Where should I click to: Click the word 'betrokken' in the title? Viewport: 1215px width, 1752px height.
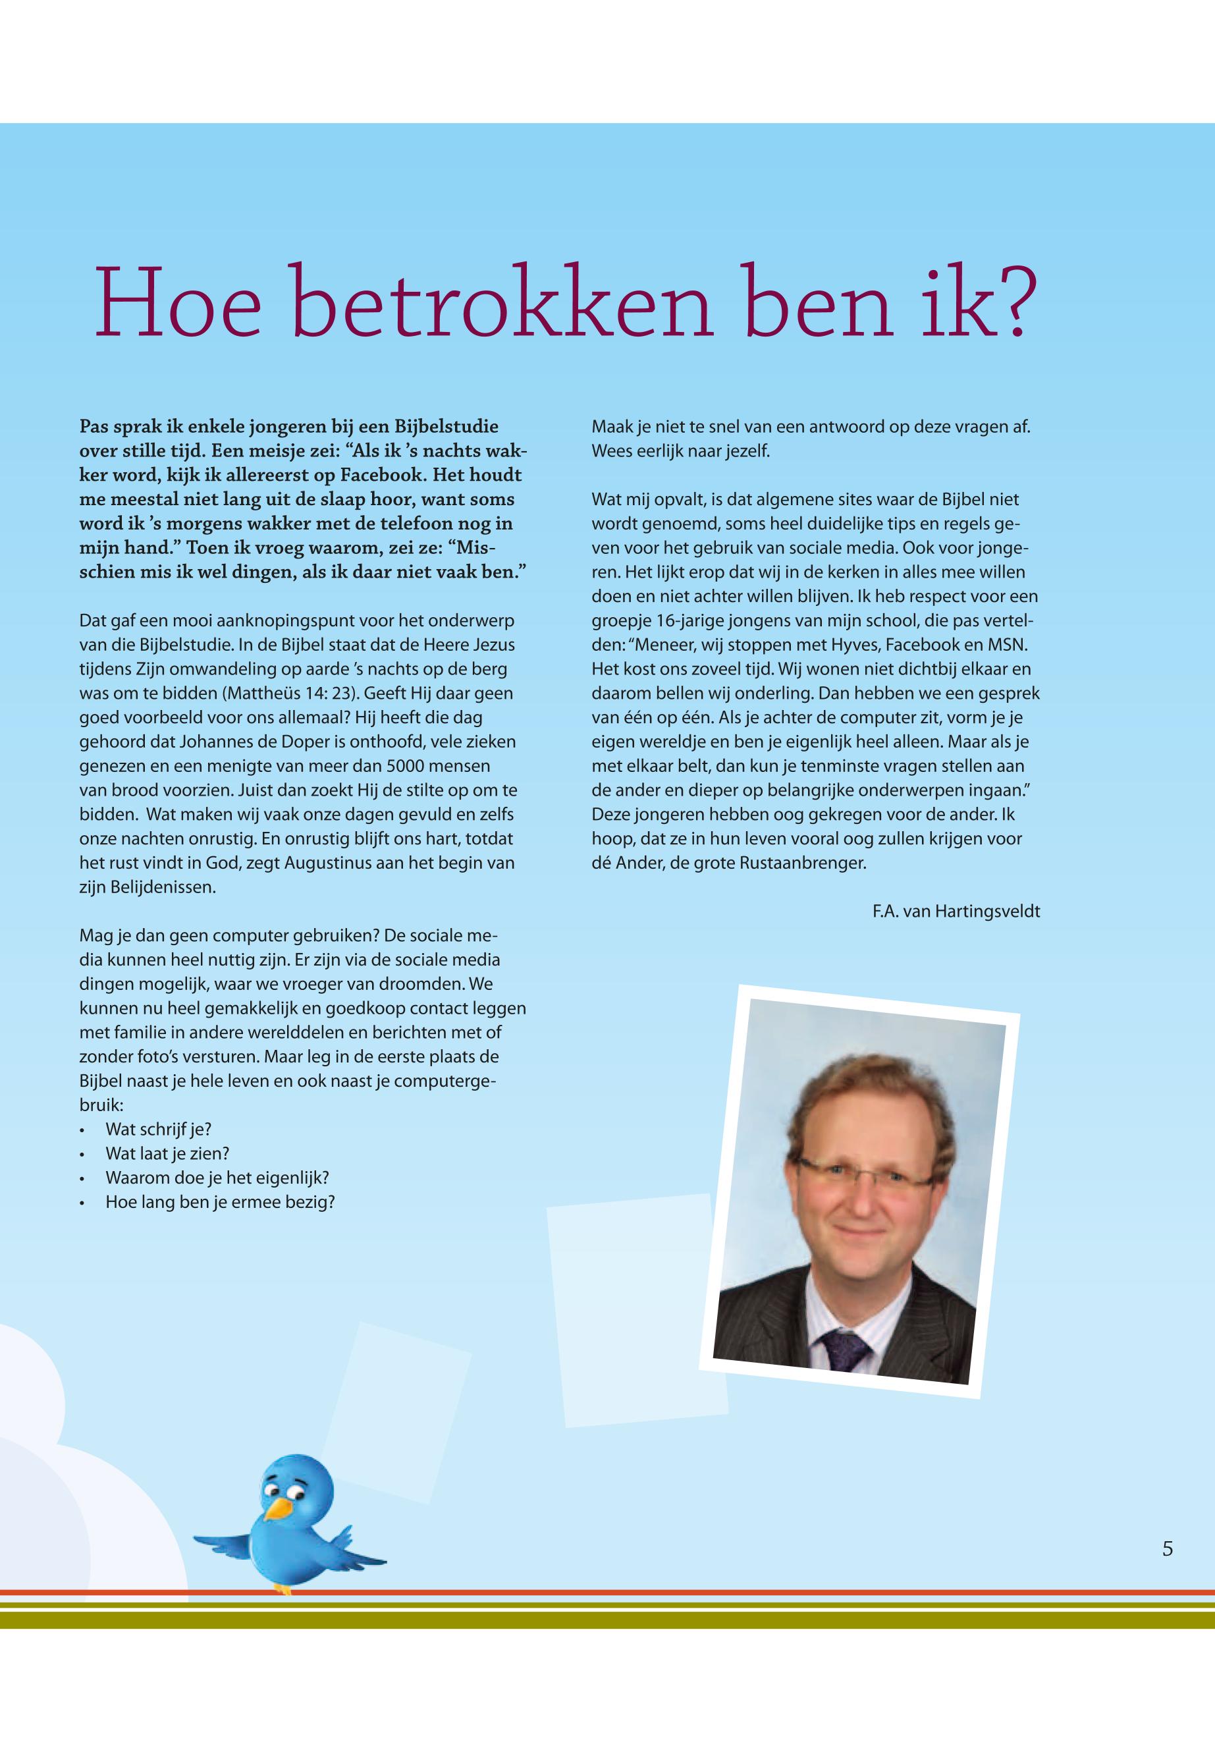click(502, 303)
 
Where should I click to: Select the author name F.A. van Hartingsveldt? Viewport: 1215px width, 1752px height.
click(956, 912)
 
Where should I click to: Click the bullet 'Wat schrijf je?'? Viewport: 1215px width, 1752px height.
click(158, 1129)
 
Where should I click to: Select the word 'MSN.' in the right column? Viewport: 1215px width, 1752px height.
click(1008, 645)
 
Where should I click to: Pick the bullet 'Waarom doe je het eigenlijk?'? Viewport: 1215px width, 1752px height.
click(217, 1178)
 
